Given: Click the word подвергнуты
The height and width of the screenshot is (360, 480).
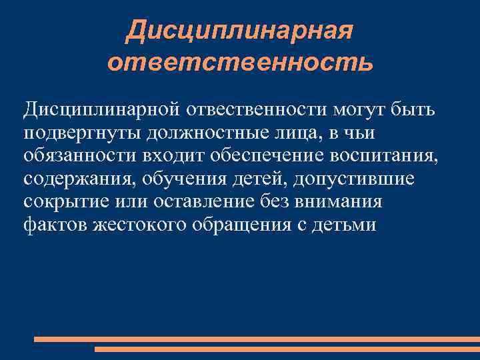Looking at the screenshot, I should click(82, 134).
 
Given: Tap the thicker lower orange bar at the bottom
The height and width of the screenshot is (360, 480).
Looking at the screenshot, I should click(287, 349).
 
